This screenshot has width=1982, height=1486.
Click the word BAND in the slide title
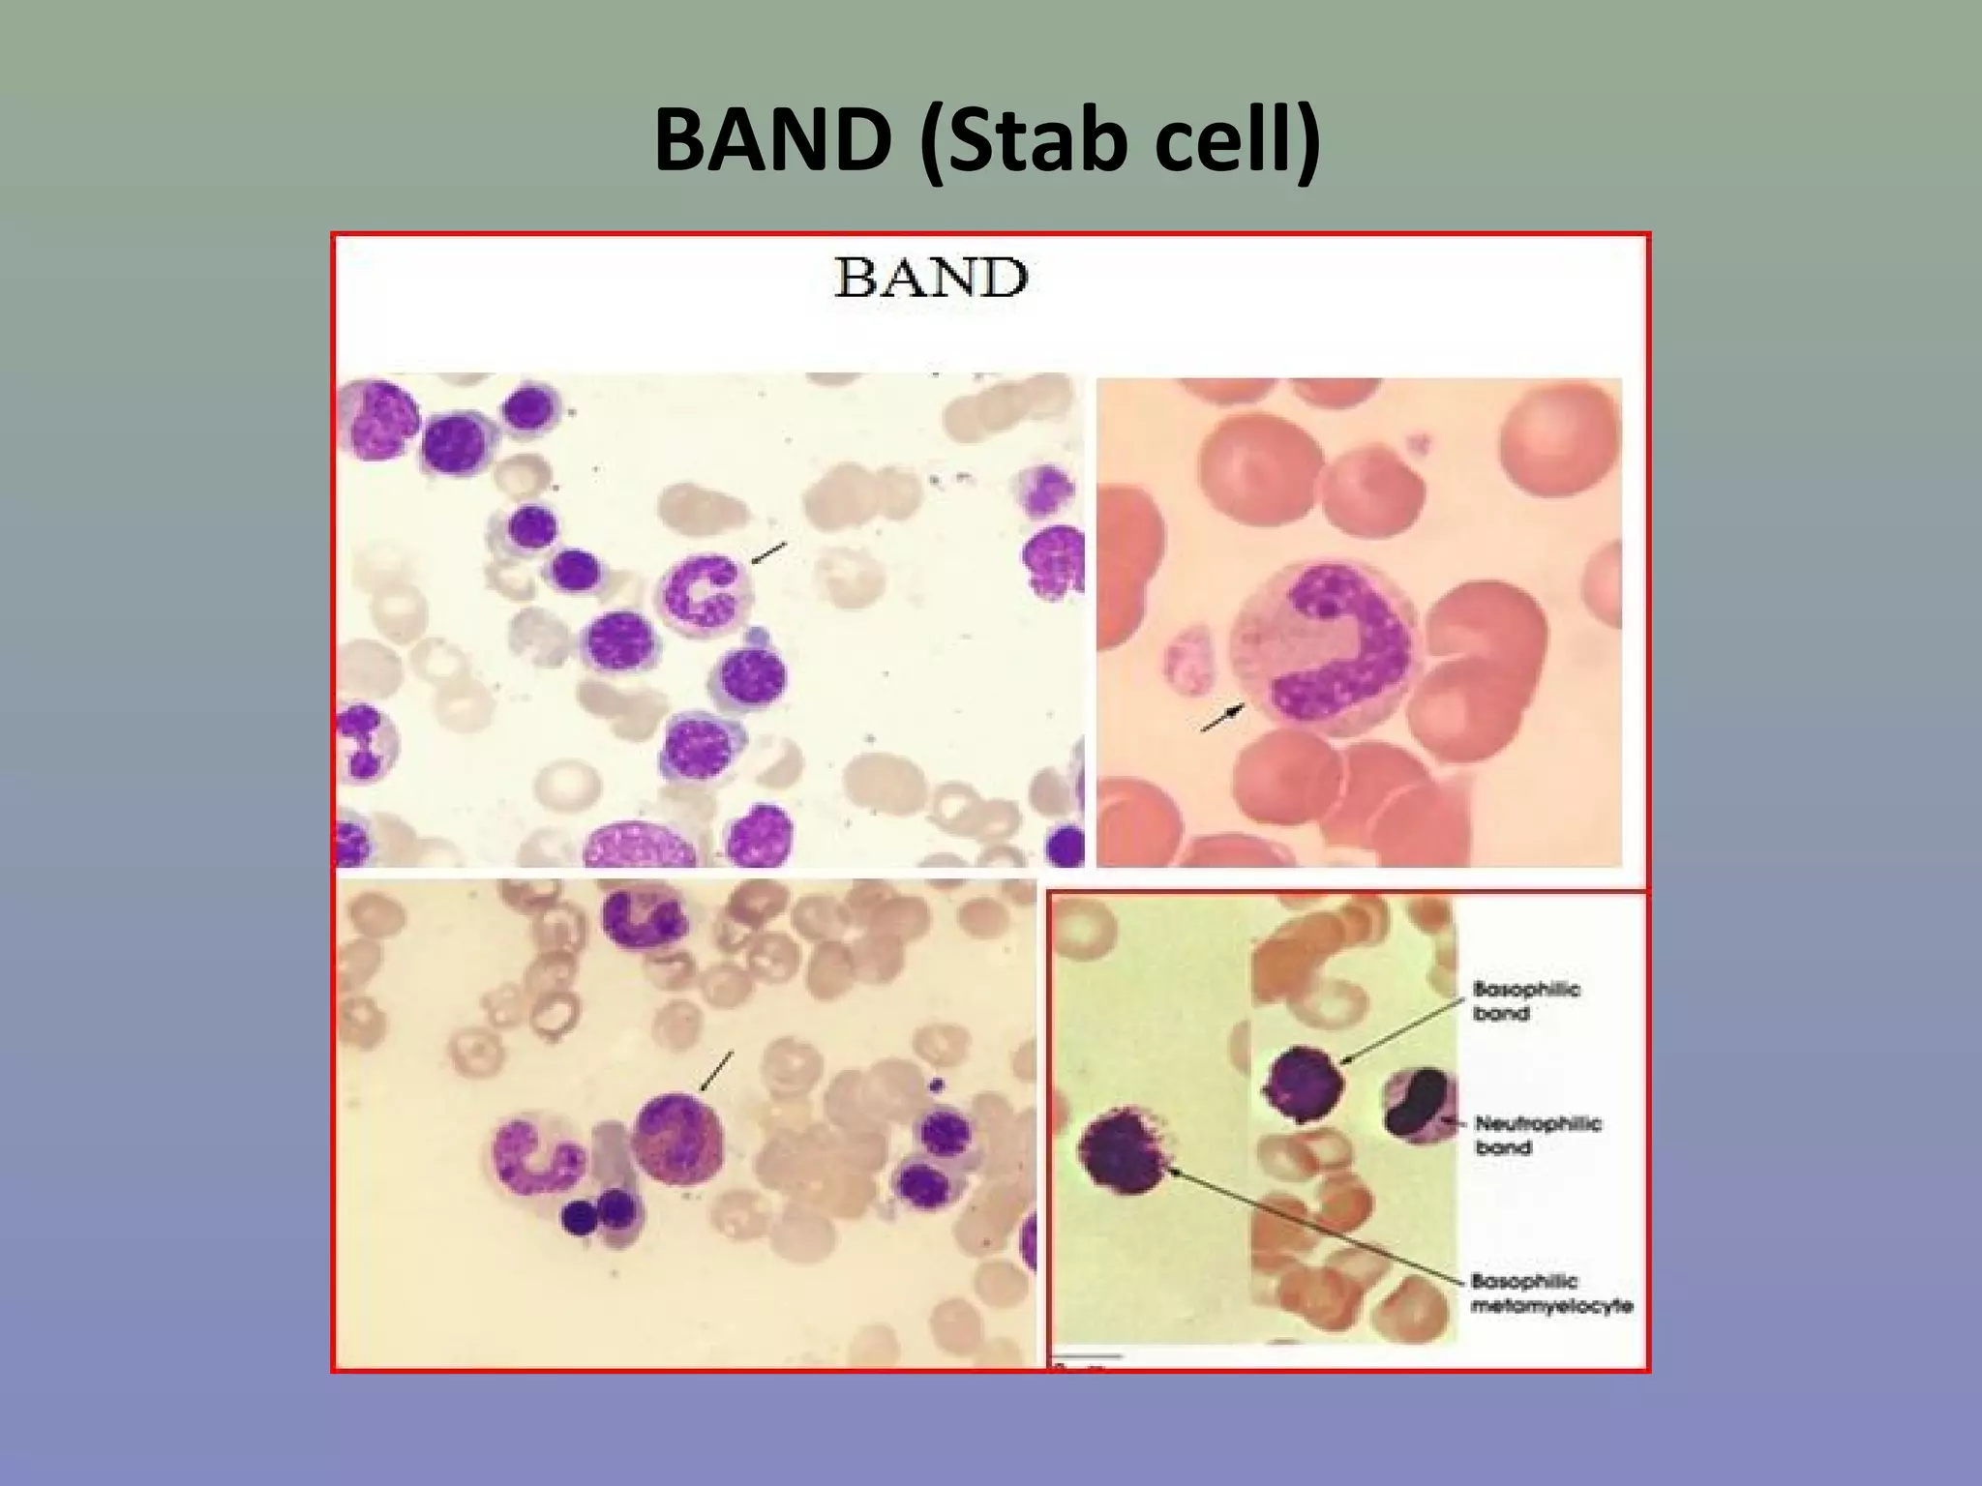pos(772,141)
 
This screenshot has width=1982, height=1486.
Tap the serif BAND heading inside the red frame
pos(930,279)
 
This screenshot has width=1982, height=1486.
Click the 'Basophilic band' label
pos(1525,1000)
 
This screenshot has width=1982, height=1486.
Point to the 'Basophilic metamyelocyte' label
pos(1550,1293)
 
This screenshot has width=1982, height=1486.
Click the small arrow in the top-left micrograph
pos(769,553)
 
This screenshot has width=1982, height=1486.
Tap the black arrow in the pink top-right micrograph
pos(1223,719)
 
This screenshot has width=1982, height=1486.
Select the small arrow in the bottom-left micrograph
pos(716,1071)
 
